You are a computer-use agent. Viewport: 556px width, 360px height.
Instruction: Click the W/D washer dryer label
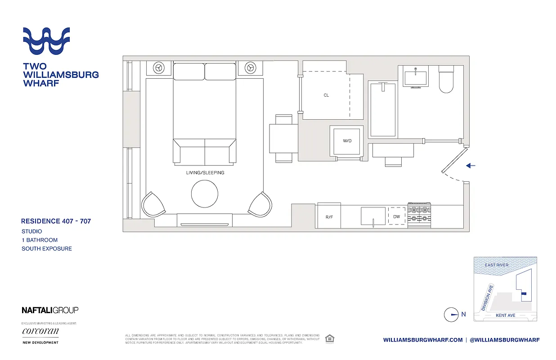point(347,141)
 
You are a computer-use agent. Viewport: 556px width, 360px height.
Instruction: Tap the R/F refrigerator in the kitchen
point(328,216)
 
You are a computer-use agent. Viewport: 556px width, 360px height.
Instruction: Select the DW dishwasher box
point(396,216)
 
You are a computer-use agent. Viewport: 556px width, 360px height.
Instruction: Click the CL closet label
point(326,95)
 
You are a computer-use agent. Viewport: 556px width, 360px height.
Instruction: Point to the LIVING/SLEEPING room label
point(205,173)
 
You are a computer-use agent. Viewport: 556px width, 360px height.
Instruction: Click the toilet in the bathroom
point(446,79)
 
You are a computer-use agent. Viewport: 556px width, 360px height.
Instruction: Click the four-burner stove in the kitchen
point(419,215)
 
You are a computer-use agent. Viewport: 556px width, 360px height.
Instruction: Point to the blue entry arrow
point(471,166)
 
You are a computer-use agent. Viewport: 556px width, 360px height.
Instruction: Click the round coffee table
point(205,194)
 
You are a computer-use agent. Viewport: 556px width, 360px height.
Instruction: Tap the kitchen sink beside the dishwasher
point(373,216)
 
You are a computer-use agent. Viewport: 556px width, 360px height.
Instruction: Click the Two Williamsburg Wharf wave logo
point(46,41)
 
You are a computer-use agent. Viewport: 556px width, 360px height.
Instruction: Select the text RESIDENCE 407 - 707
point(56,221)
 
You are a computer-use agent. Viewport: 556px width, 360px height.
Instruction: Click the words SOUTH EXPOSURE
point(47,248)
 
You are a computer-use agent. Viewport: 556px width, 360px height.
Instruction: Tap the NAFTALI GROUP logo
point(50,310)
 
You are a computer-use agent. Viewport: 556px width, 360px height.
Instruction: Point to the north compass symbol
point(451,315)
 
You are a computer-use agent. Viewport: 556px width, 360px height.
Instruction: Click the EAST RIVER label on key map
point(497,265)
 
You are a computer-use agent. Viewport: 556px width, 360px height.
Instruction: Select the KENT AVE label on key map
point(505,315)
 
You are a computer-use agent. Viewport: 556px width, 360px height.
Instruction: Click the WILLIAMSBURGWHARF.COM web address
point(423,340)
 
